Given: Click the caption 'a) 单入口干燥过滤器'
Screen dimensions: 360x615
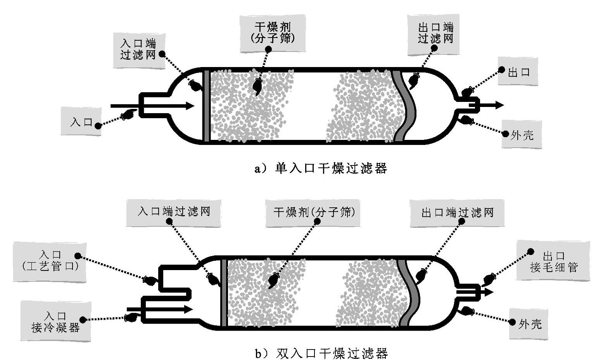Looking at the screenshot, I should click(321, 168).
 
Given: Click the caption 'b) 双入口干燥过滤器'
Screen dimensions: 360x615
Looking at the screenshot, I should click(321, 353).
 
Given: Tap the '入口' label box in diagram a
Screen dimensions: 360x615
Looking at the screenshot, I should click(81, 122).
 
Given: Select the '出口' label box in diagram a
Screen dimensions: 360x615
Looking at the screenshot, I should click(518, 72).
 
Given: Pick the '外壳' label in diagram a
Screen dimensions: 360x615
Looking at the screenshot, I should click(522, 134).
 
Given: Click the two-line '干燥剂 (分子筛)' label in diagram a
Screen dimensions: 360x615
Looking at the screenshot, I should click(273, 33).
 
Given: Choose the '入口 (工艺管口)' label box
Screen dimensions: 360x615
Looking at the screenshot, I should click(50, 261).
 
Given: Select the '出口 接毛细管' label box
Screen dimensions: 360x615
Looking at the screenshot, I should click(553, 261).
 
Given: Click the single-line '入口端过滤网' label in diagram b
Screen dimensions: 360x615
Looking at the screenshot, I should click(173, 212).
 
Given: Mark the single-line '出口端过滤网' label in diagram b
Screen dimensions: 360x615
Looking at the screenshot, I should click(457, 212).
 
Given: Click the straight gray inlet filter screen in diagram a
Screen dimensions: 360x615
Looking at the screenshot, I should click(207, 106).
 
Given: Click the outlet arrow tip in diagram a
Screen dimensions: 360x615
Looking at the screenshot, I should click(501, 105).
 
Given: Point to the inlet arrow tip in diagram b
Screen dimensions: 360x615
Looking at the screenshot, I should click(190, 309).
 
